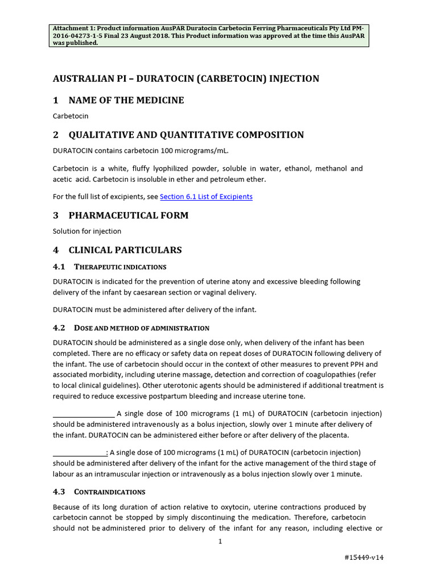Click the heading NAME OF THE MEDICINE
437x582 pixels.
click(126, 101)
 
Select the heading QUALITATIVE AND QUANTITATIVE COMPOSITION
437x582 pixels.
click(186, 135)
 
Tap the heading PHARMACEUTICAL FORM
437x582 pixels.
click(128, 215)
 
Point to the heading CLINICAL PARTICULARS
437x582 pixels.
click(125, 250)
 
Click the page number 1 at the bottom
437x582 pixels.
click(220, 542)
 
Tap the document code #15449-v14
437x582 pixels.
click(364, 558)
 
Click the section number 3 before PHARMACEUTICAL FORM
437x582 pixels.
click(56, 215)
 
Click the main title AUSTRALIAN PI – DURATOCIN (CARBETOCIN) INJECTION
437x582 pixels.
click(186, 78)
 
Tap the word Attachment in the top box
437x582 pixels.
click(72, 29)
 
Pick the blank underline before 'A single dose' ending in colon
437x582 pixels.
click(80, 452)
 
